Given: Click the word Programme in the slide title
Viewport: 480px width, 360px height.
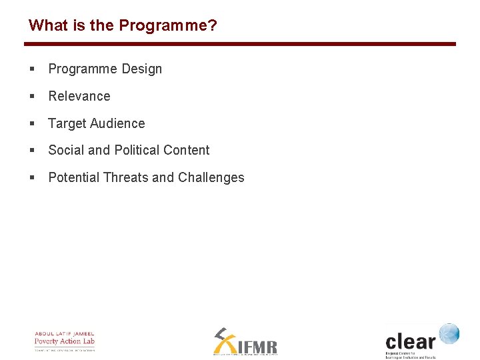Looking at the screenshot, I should [x=164, y=25].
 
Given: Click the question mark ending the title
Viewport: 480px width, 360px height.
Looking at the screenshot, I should [x=213, y=25].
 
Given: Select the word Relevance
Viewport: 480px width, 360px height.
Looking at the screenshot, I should [x=79, y=96].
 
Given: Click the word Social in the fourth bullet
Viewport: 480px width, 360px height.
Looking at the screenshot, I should [x=66, y=150].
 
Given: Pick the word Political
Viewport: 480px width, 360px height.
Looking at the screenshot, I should [x=136, y=150].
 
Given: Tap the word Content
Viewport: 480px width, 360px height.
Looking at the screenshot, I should [x=187, y=150].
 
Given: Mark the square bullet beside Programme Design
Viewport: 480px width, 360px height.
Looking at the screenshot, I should [x=32, y=69].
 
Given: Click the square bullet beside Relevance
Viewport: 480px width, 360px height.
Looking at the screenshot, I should [x=32, y=97].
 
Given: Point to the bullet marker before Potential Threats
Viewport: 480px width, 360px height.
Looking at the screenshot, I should [x=32, y=178].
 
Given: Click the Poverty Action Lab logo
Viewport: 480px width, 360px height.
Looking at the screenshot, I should [x=65, y=341].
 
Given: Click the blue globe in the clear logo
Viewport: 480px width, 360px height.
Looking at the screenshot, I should [x=449, y=333].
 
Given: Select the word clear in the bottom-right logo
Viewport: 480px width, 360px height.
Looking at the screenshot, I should [x=410, y=341].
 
